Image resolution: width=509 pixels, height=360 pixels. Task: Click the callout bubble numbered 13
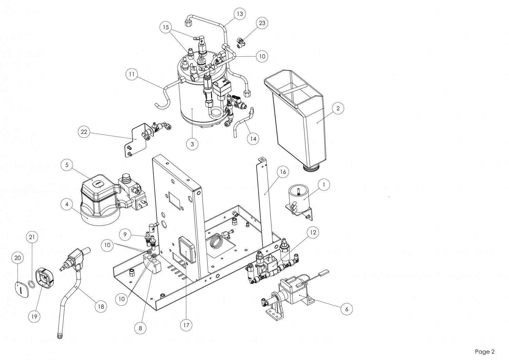pos(240,14)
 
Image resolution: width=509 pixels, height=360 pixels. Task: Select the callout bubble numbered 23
pos(262,23)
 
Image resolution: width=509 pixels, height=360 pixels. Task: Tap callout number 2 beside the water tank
pos(338,109)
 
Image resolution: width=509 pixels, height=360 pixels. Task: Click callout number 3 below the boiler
pos(192,144)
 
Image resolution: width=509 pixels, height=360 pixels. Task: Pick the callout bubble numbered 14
pos(253,139)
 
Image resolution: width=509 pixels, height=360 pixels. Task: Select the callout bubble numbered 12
pos(313,232)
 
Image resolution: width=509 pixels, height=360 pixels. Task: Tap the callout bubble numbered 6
pos(346,309)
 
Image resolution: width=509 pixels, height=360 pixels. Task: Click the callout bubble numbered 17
pos(186,325)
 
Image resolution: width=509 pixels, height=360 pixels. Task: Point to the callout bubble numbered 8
pos(140,328)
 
